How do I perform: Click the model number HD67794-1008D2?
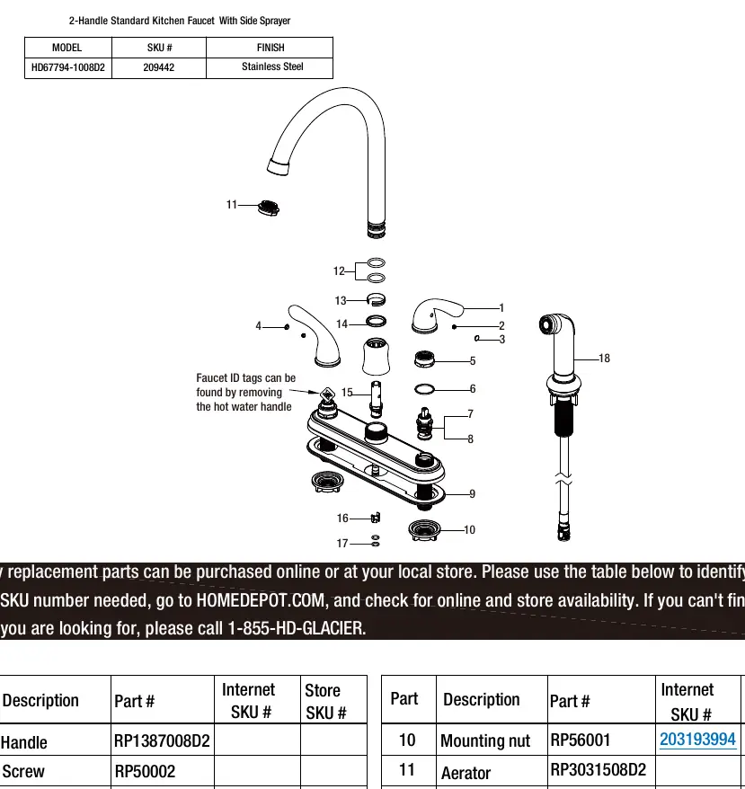point(68,67)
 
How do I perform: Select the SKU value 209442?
point(158,67)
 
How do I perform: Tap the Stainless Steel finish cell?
point(272,66)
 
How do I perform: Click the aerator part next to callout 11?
point(269,208)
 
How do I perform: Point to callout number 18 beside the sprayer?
point(604,359)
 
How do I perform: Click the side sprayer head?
point(555,330)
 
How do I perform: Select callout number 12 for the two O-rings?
point(339,271)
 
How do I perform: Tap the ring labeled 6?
point(424,389)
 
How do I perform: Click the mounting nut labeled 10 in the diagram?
point(424,530)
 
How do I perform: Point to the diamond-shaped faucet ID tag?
point(328,394)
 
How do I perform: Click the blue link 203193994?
point(697,740)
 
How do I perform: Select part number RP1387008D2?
point(162,740)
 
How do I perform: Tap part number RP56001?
point(580,740)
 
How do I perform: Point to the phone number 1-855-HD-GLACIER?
point(297,628)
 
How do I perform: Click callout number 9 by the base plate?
point(472,493)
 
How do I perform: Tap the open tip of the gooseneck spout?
point(278,167)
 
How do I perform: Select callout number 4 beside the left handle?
point(258,326)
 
